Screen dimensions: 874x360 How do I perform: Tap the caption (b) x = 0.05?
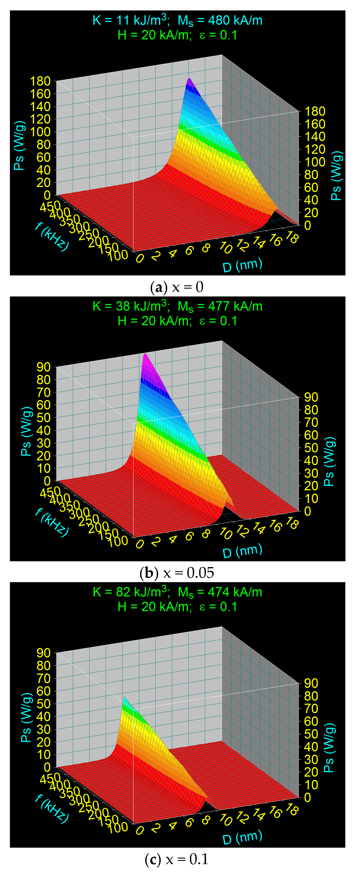tap(177, 573)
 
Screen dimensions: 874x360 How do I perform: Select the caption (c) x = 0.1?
tap(177, 859)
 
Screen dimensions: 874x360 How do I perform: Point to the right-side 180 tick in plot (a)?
tap(315, 111)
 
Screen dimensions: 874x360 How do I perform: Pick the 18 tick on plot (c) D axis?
tap(292, 810)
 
